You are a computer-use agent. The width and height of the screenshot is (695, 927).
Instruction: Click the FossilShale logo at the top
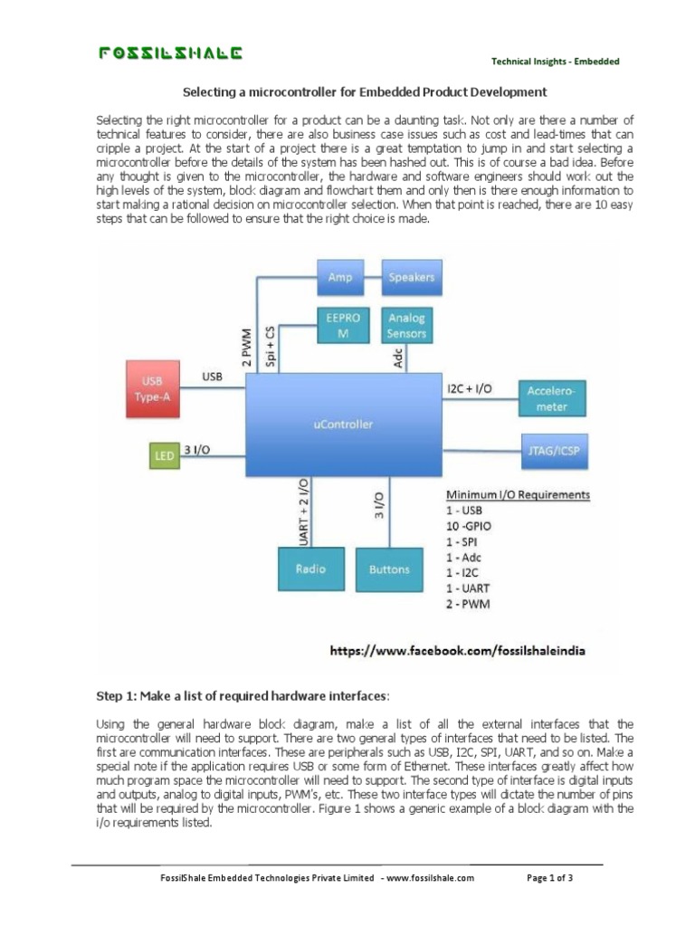tap(170, 53)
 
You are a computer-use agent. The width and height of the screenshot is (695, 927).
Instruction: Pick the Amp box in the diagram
tap(340, 277)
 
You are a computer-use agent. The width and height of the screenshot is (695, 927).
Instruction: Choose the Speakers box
tap(411, 277)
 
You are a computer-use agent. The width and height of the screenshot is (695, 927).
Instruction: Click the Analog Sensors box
tap(405, 326)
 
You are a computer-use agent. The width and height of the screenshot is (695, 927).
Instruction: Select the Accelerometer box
tap(553, 398)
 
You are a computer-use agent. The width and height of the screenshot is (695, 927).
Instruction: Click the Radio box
tap(310, 569)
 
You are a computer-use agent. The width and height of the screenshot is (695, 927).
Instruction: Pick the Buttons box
tap(389, 569)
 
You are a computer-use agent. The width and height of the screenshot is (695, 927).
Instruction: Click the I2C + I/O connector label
tap(470, 388)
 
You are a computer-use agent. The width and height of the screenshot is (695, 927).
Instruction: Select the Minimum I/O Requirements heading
tap(518, 495)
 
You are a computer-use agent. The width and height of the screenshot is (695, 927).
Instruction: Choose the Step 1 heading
tap(243, 696)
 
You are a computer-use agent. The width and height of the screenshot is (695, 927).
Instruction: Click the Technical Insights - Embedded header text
tap(555, 62)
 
